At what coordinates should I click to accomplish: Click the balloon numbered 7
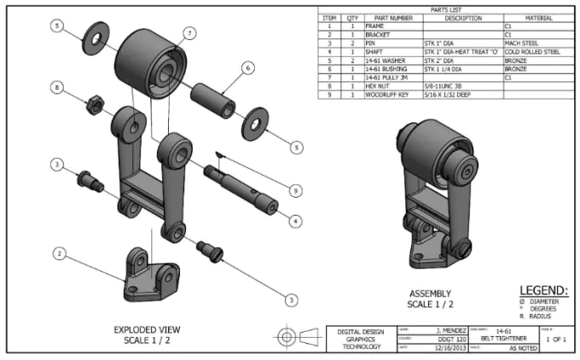(x=188, y=33)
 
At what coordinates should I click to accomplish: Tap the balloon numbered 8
(x=56, y=87)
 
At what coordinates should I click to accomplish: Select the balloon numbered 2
(x=58, y=253)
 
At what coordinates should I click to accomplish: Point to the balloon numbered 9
(x=296, y=189)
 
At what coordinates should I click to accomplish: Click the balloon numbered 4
(x=296, y=221)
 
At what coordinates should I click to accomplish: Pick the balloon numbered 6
(x=246, y=67)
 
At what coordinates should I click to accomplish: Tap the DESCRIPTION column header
(x=461, y=17)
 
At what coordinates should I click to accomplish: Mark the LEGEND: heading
(x=543, y=290)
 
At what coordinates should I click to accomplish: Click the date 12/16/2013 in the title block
(x=430, y=348)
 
